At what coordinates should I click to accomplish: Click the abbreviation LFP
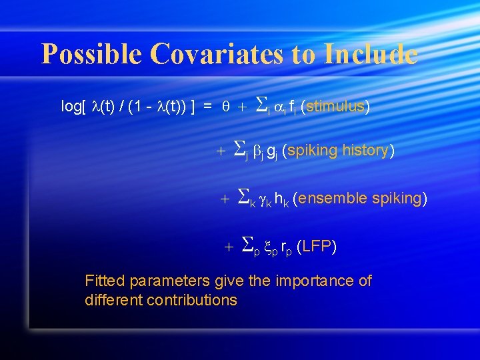point(317,247)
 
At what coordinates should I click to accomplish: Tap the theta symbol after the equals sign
point(226,107)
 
